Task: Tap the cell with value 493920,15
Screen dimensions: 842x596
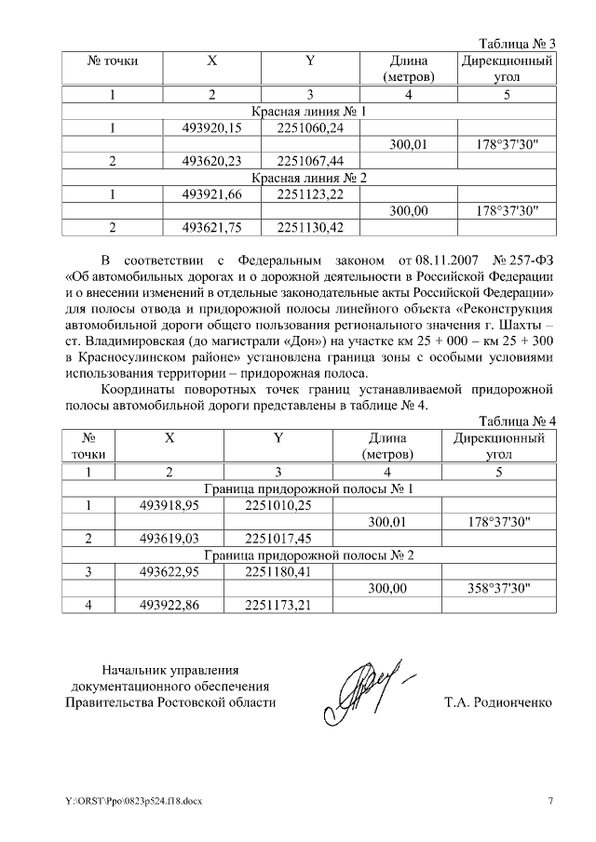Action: (x=211, y=127)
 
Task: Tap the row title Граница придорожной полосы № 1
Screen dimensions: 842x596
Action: (x=308, y=488)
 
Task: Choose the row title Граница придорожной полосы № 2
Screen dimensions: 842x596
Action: (x=308, y=555)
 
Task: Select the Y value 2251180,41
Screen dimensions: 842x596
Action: (x=278, y=571)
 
